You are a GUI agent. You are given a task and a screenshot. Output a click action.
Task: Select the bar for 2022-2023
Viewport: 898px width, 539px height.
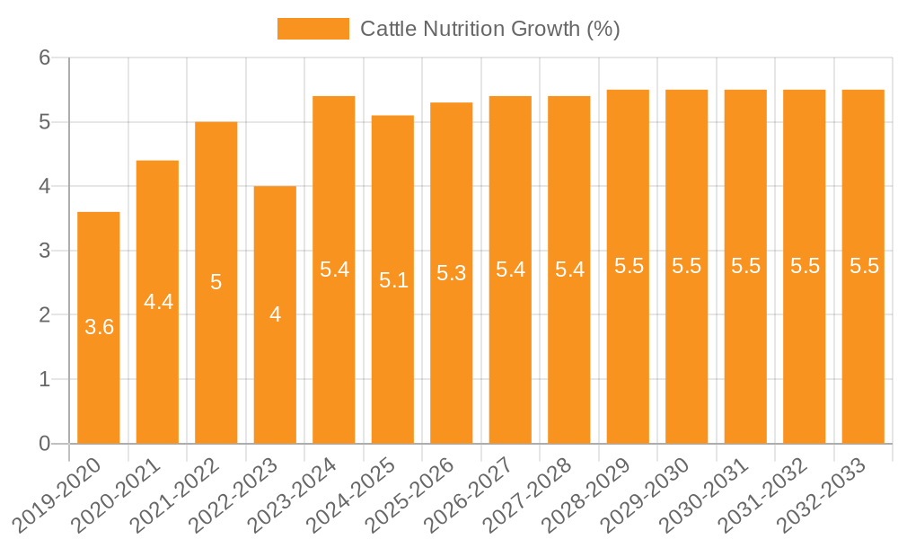275,377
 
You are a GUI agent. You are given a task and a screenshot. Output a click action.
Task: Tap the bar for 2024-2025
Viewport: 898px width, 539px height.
392,359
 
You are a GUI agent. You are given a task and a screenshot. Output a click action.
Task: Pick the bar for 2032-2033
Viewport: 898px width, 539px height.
863,359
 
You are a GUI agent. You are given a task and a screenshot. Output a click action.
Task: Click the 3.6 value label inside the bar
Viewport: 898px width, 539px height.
99,328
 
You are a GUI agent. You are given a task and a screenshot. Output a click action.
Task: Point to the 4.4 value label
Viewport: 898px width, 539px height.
158,302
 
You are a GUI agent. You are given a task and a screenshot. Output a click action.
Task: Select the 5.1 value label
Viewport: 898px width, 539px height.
393,280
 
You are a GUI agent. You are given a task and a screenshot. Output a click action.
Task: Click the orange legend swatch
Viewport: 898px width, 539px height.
313,29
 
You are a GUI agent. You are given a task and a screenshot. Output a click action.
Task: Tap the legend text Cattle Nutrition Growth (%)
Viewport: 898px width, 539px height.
489,29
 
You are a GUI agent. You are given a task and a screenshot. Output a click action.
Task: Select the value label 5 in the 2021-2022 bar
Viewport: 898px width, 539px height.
216,282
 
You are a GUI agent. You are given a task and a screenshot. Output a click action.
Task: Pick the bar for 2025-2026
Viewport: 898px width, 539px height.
452,359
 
